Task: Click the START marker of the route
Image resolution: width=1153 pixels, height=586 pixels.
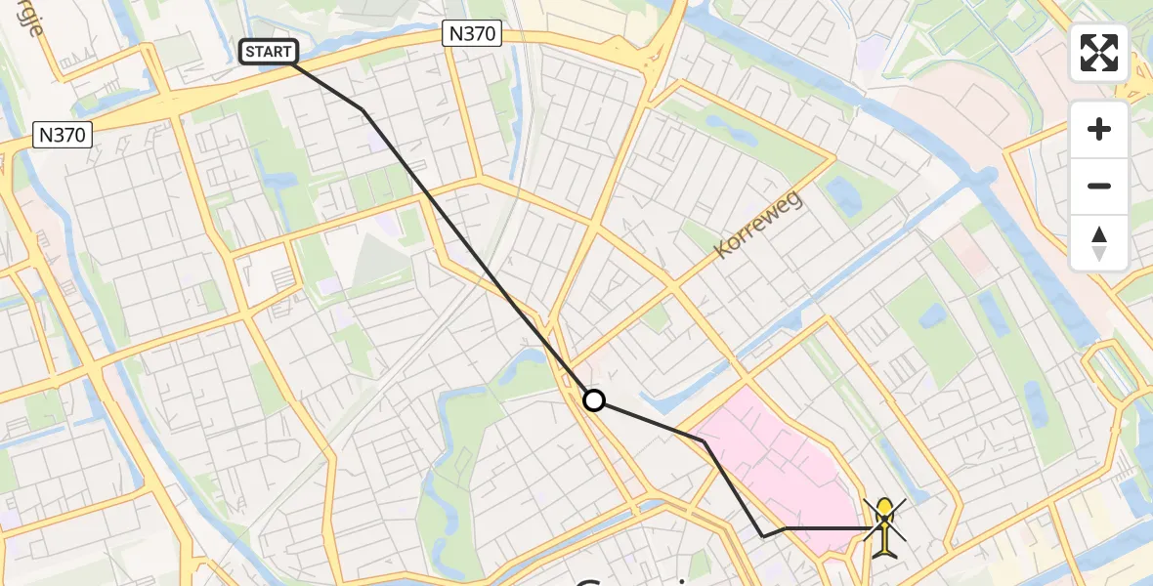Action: (x=269, y=52)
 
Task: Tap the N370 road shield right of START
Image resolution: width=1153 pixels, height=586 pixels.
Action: (x=472, y=34)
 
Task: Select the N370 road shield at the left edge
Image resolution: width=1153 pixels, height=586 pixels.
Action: (x=62, y=135)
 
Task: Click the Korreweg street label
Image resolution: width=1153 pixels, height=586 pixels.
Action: (x=757, y=226)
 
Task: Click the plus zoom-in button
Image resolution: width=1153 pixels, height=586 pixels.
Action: (x=1099, y=129)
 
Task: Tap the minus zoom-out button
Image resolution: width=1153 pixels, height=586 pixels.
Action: (x=1099, y=186)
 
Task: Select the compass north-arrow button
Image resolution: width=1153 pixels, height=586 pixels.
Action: (x=1099, y=243)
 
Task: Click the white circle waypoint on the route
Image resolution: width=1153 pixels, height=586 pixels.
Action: (x=593, y=400)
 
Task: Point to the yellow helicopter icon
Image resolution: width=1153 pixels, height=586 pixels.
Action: (x=884, y=526)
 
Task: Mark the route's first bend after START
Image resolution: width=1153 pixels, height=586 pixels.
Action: (x=363, y=109)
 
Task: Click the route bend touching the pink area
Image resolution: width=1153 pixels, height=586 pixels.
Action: (x=704, y=441)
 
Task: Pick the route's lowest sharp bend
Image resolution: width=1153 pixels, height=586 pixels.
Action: (x=763, y=536)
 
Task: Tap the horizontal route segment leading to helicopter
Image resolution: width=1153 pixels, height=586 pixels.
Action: (x=826, y=528)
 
